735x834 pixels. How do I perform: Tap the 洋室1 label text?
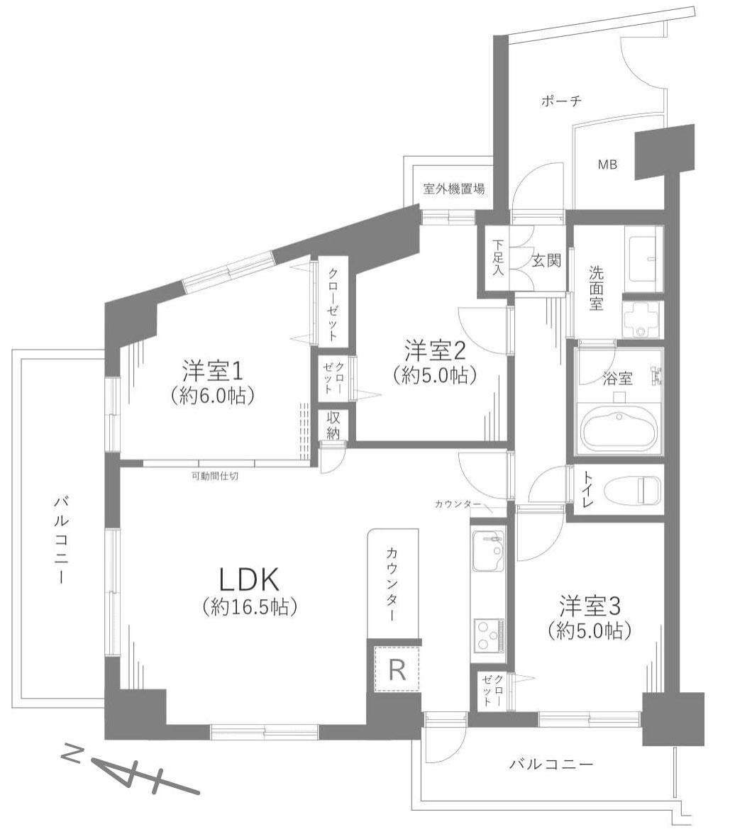(x=213, y=370)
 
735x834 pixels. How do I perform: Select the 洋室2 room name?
(x=435, y=350)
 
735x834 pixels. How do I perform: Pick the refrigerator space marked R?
(x=397, y=669)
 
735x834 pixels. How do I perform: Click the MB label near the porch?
(x=607, y=165)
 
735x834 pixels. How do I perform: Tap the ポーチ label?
(x=560, y=101)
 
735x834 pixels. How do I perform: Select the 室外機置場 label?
(x=454, y=189)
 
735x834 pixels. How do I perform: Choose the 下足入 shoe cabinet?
(x=498, y=258)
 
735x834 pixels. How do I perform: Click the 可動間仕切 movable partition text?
(x=214, y=476)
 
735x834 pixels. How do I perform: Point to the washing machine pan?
(x=642, y=319)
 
